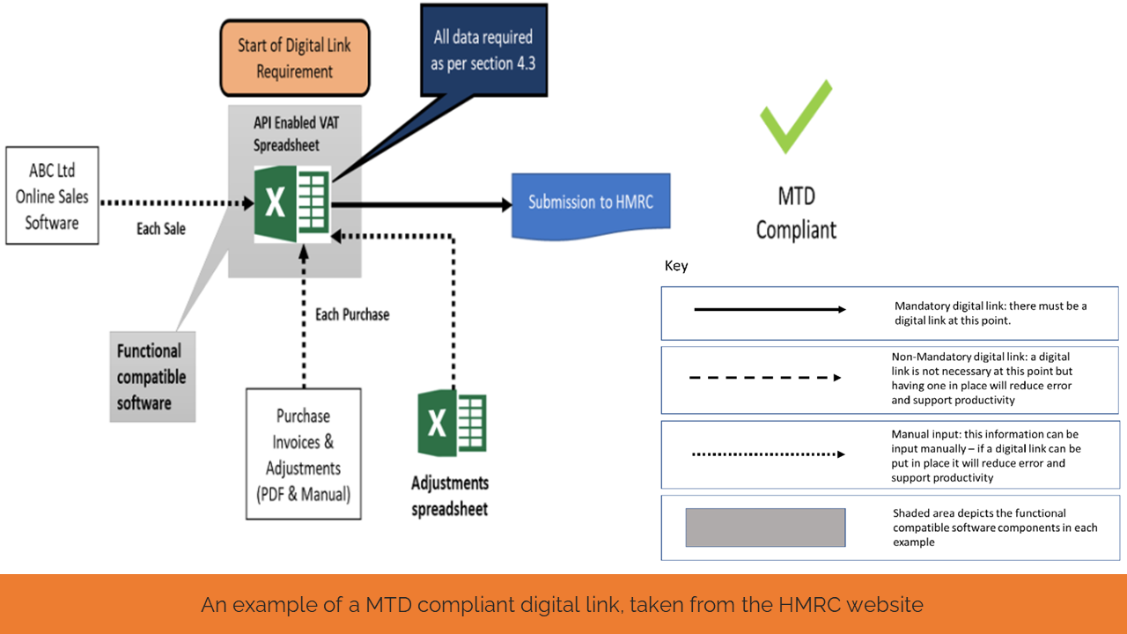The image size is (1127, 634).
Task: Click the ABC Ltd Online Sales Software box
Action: pyautogui.click(x=52, y=196)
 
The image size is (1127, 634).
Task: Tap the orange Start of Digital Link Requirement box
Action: pyautogui.click(x=294, y=58)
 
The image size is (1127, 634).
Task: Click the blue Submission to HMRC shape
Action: pyautogui.click(x=589, y=203)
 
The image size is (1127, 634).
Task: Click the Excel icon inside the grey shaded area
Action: pyautogui.click(x=291, y=203)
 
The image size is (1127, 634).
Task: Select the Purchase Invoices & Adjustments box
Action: pyautogui.click(x=303, y=454)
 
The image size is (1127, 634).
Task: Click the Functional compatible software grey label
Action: pyautogui.click(x=151, y=377)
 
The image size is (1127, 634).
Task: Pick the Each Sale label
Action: pyautogui.click(x=161, y=229)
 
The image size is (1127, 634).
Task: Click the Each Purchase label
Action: pyautogui.click(x=352, y=314)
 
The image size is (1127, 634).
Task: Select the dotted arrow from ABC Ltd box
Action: pyautogui.click(x=176, y=203)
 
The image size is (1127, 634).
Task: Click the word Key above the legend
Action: pyautogui.click(x=676, y=266)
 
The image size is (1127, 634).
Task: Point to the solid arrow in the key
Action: pyautogui.click(x=770, y=310)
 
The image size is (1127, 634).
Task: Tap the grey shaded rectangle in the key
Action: pyautogui.click(x=765, y=527)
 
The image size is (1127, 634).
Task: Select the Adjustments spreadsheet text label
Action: pyautogui.click(x=450, y=496)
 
